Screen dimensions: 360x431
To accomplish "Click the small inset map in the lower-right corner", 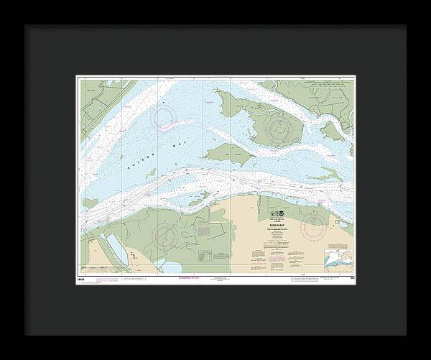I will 337,257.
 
